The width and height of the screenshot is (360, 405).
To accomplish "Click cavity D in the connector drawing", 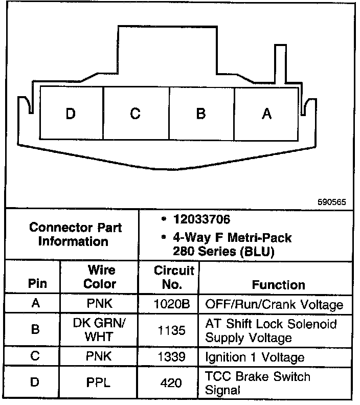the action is pyautogui.click(x=71, y=113).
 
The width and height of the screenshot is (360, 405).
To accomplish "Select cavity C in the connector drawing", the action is pyautogui.click(x=136, y=113).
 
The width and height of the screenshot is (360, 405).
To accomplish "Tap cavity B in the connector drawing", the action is pyautogui.click(x=201, y=113).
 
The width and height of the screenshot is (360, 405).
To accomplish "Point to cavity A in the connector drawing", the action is pyautogui.click(x=266, y=113).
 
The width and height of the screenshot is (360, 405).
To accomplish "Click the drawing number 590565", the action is pyautogui.click(x=331, y=202).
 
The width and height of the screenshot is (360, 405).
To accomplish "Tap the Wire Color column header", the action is pyautogui.click(x=100, y=277).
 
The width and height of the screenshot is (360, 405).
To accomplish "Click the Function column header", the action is pyautogui.click(x=279, y=284).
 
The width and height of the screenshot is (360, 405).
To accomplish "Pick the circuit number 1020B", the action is pyautogui.click(x=172, y=305).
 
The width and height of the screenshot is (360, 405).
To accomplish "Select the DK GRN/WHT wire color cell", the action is pyautogui.click(x=100, y=330).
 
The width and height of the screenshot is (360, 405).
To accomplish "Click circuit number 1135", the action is pyautogui.click(x=172, y=331).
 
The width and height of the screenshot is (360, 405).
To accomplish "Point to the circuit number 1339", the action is pyautogui.click(x=172, y=357).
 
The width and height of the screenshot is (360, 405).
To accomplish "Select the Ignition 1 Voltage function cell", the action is pyautogui.click(x=255, y=357).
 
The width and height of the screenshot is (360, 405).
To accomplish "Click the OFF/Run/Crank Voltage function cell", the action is pyautogui.click(x=274, y=305).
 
